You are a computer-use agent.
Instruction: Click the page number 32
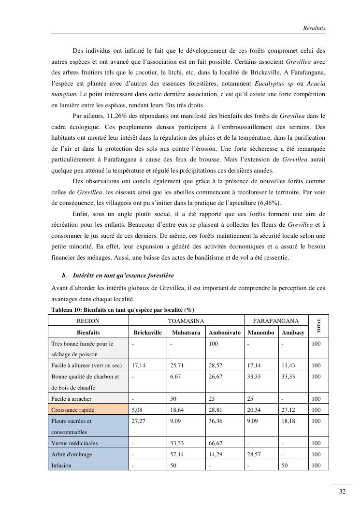[x=342, y=492]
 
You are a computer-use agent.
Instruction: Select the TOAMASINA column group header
[x=186, y=320]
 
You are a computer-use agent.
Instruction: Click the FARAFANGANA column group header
[x=276, y=320]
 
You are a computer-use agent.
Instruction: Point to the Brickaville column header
[x=147, y=332]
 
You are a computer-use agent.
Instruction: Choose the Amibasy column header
[x=293, y=332]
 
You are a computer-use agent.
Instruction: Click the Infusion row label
[x=61, y=465]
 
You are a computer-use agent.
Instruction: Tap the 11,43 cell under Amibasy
[x=288, y=365]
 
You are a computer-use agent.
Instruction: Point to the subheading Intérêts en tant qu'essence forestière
[x=123, y=275]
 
